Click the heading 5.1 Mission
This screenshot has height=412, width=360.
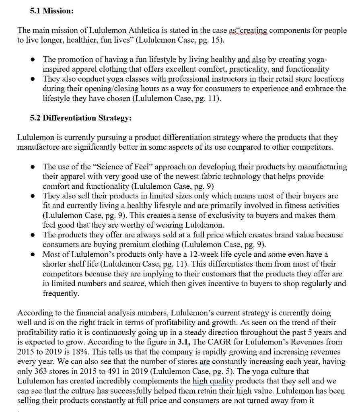pos(51,11)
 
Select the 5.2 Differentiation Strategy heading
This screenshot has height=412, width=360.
pos(80,118)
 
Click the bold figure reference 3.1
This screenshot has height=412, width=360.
pos(185,342)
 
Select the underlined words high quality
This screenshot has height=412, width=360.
pos(213,381)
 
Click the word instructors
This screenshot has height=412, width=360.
pos(222,79)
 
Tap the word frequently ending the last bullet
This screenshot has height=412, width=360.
pos(61,293)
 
